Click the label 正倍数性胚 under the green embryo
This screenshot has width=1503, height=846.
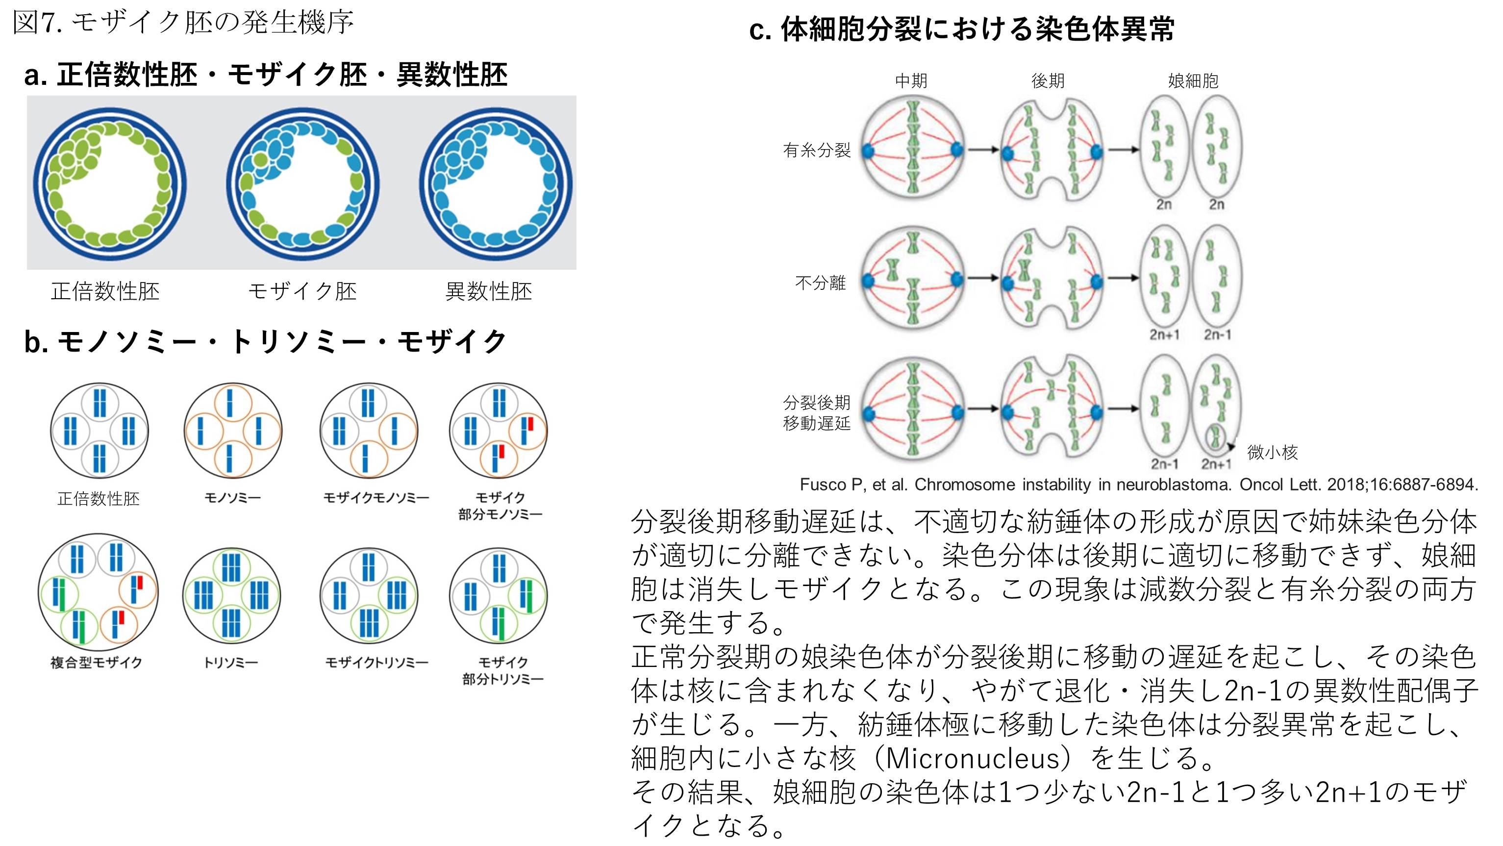click(x=105, y=291)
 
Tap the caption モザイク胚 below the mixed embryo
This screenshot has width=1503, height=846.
click(x=302, y=291)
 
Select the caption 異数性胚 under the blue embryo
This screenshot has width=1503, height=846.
click(x=488, y=291)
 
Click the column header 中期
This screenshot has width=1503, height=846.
click(x=911, y=80)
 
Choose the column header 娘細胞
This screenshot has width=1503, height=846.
click(x=1193, y=80)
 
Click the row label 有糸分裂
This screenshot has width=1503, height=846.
click(x=816, y=151)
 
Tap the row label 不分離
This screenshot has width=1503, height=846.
click(x=820, y=283)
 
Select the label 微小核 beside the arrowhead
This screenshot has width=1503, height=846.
click(x=1272, y=452)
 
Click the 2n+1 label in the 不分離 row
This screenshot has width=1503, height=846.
click(x=1164, y=334)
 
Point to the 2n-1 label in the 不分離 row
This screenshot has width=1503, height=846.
click(x=1217, y=334)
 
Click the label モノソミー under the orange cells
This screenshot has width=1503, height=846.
click(x=232, y=498)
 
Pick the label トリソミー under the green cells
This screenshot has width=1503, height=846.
click(x=230, y=663)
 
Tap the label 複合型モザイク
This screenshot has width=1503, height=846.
click(x=96, y=663)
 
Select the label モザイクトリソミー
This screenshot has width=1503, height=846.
click(x=376, y=663)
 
